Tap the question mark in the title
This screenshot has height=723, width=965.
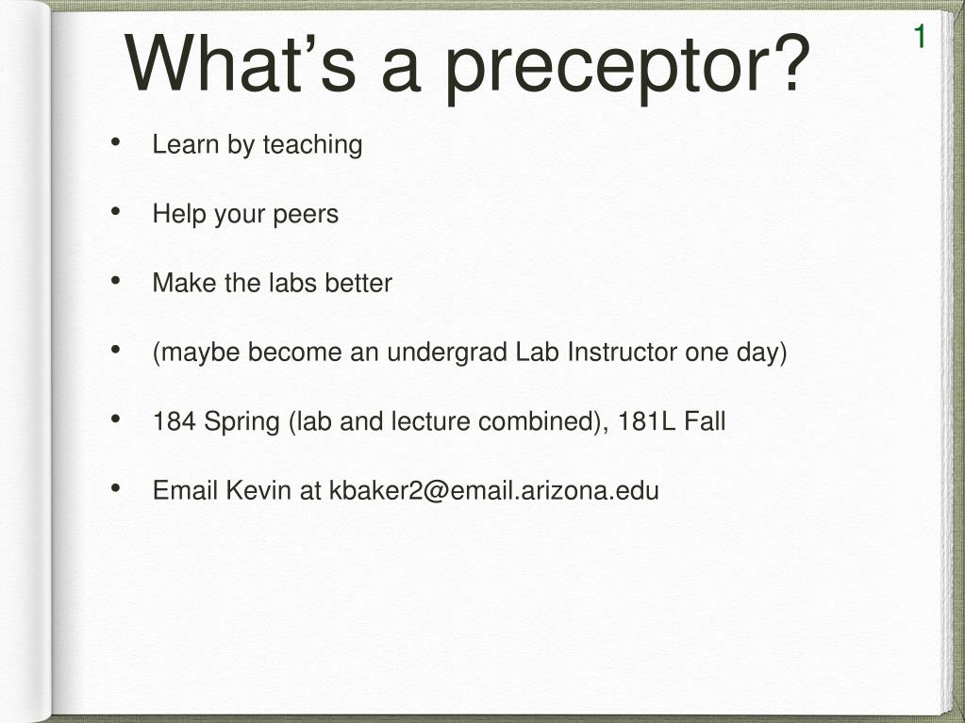pyautogui.click(x=789, y=63)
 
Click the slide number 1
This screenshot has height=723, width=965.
pyautogui.click(x=920, y=37)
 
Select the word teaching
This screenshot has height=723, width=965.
pyautogui.click(x=312, y=146)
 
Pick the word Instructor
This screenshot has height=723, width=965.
pyautogui.click(x=623, y=353)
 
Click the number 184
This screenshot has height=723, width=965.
pyautogui.click(x=175, y=421)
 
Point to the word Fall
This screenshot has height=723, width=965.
pyautogui.click(x=706, y=421)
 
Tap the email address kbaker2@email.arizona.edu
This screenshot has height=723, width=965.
pyautogui.click(x=494, y=491)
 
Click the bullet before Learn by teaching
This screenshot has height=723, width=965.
pyautogui.click(x=116, y=142)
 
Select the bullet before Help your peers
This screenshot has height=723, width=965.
pyautogui.click(x=116, y=211)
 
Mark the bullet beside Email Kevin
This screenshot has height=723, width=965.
pyautogui.click(x=116, y=488)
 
